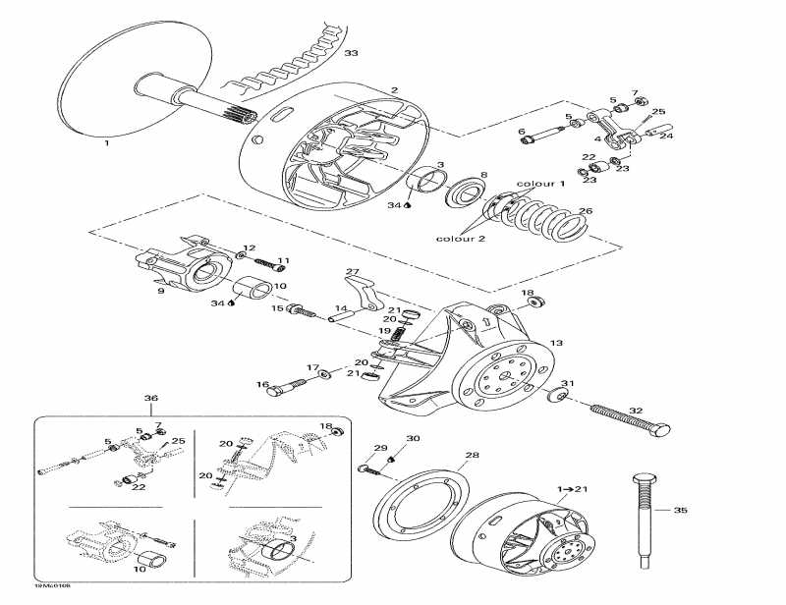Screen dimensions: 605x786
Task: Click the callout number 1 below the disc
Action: [x=106, y=142]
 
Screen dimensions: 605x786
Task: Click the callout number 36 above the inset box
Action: [x=150, y=398]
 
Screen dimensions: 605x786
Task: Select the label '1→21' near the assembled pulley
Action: [x=573, y=488]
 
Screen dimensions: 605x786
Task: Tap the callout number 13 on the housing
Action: [x=556, y=343]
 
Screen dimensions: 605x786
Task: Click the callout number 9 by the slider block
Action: [x=161, y=291]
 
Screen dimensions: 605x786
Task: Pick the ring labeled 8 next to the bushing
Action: [x=458, y=192]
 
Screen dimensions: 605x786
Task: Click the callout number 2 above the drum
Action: [x=394, y=90]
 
